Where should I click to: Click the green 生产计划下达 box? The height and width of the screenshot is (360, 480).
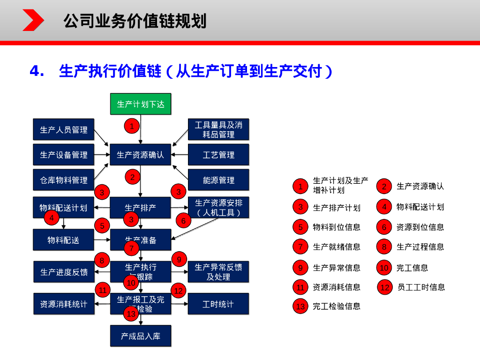[141, 104]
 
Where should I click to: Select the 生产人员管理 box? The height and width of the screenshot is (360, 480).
[63, 129]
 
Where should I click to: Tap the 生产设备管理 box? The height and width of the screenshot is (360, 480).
[63, 155]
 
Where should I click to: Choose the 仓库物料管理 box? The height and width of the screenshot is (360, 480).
[63, 180]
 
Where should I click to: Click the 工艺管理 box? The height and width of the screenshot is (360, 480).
[218, 155]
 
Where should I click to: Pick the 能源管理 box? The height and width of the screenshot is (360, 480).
[218, 180]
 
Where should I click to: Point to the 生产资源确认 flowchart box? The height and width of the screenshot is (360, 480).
[141, 155]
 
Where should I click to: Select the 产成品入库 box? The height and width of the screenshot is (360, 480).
[141, 336]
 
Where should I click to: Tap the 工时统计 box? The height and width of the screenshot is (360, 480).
[218, 304]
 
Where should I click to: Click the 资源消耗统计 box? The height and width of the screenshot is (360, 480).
[63, 304]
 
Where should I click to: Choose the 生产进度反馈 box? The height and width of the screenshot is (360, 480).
[63, 272]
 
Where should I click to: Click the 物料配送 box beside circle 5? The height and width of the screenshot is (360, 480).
[63, 240]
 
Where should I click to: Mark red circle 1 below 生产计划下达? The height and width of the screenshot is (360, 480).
[132, 126]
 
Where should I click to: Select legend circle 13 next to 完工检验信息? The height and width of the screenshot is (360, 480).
[300, 307]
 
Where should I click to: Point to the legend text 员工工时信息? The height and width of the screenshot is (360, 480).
[421, 287]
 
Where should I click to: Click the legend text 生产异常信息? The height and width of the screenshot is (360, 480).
[337, 268]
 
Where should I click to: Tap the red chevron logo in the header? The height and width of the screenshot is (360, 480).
[33, 20]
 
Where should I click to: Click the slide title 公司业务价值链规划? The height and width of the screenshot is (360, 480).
[135, 21]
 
